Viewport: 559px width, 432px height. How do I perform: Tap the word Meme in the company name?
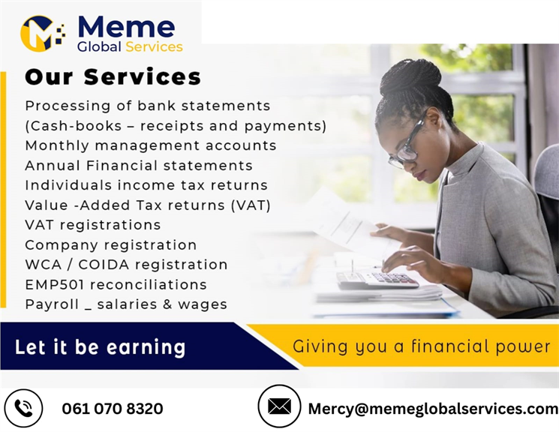tap(126, 27)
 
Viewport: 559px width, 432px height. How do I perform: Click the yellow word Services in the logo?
tap(154, 46)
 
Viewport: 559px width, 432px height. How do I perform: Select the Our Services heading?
tap(113, 76)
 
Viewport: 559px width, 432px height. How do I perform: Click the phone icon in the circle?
tap(23, 408)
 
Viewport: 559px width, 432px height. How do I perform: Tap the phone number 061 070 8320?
tap(113, 409)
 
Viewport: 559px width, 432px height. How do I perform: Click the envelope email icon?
tap(279, 406)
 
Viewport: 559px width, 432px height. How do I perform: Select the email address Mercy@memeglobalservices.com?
tap(433, 409)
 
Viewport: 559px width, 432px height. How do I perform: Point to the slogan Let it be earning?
tap(101, 346)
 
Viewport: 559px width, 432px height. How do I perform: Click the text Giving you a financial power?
tap(422, 346)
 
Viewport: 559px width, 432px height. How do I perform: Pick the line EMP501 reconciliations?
tap(116, 284)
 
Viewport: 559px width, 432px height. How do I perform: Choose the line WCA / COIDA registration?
tap(126, 265)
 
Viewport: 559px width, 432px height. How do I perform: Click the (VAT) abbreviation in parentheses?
tap(251, 205)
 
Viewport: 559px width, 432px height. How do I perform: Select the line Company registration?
tap(111, 244)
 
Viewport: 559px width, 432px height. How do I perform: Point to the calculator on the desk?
tap(378, 279)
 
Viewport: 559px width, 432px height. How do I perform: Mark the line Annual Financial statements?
tap(139, 166)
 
